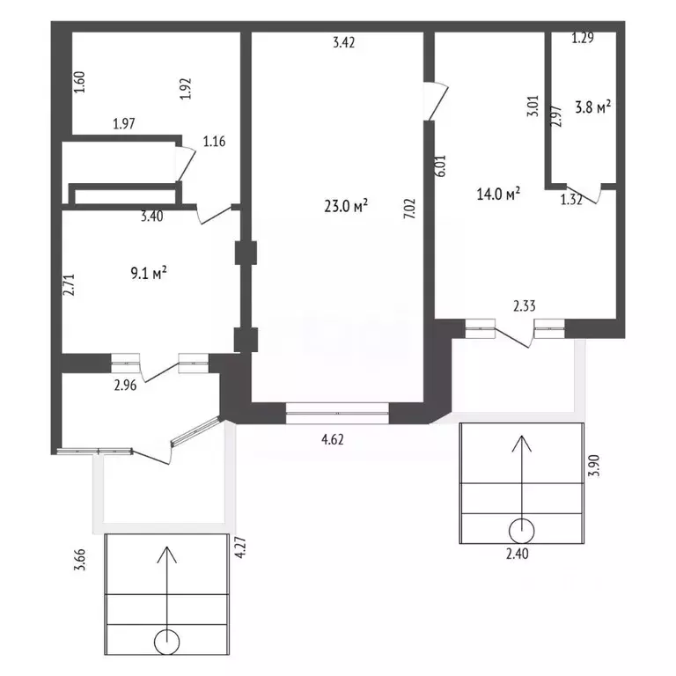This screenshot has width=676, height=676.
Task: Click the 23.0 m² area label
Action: pos(346,206)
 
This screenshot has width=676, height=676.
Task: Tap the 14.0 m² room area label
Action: pos(498,194)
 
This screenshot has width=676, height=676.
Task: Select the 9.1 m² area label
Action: pos(149,273)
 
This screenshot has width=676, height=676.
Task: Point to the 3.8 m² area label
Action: pos(593,107)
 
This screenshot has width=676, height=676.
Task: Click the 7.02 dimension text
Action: pos(409,209)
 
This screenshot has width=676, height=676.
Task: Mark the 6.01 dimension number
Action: pos(441,165)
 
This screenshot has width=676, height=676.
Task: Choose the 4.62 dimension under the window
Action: pos(333,440)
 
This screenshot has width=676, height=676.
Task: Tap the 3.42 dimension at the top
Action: pos(344,42)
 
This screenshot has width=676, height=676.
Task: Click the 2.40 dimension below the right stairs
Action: pos(517,554)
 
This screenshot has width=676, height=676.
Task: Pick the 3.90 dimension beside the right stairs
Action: pos(594,465)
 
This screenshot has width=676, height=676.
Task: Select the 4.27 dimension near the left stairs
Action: pos(240,547)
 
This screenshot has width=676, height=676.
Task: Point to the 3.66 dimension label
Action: pos(80,560)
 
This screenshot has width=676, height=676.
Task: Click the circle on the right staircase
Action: pos(522,531)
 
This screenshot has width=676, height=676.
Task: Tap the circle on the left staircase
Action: pos(167,642)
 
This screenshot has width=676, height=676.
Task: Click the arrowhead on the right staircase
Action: pos(522,444)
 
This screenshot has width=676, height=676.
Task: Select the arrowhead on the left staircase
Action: pos(167,555)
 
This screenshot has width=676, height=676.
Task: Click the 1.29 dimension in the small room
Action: pos(583,38)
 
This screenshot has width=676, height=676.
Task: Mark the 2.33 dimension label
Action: pos(525,305)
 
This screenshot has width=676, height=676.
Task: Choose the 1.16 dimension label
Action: pos(214,142)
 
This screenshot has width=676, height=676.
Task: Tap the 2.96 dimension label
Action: pos(126,385)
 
